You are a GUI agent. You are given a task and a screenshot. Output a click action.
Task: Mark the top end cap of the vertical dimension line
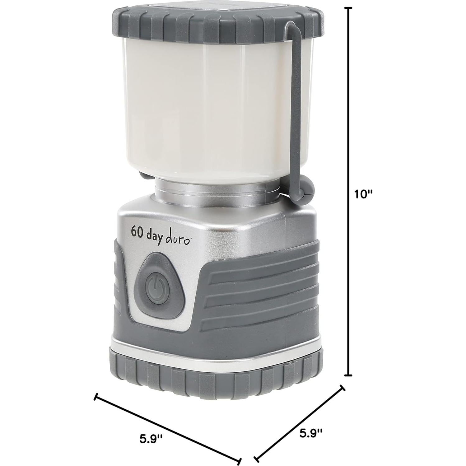pyautogui.click(x=350, y=8)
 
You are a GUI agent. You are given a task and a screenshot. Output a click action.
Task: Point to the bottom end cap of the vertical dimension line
pyautogui.click(x=350, y=375)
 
